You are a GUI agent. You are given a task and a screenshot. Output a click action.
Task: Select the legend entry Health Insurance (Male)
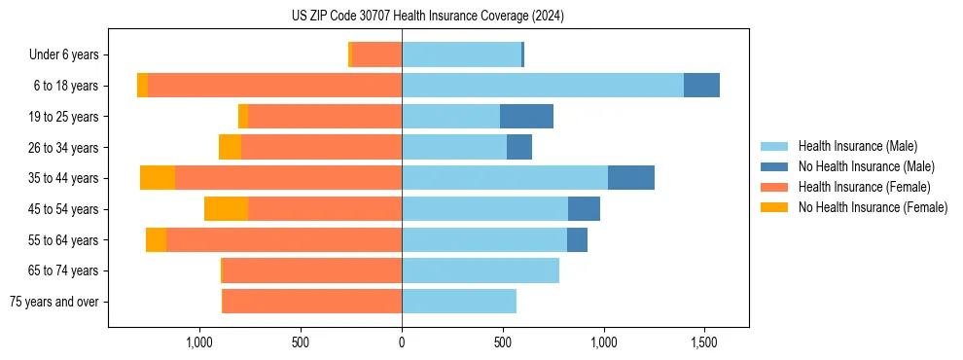857,146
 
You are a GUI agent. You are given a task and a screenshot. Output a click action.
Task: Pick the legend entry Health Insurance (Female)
864,187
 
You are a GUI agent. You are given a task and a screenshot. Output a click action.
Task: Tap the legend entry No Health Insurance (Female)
873,207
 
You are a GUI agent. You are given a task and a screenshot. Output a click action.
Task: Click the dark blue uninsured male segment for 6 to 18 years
701,86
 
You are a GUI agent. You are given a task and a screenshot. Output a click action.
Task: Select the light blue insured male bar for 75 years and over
459,302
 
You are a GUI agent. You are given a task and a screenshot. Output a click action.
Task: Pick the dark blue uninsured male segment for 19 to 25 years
526,117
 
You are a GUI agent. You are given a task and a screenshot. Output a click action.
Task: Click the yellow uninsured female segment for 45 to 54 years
226,209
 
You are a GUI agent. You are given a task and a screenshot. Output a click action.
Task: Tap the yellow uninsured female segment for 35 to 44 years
158,178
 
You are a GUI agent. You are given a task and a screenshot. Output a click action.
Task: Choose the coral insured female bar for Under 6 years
376,54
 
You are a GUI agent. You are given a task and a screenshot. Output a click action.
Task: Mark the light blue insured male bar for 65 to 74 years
481,270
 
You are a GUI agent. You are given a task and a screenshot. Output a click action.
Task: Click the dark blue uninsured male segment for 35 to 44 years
631,178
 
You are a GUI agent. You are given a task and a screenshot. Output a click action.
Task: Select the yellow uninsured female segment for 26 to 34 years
230,147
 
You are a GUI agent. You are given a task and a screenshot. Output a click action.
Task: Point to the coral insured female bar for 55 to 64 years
284,240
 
